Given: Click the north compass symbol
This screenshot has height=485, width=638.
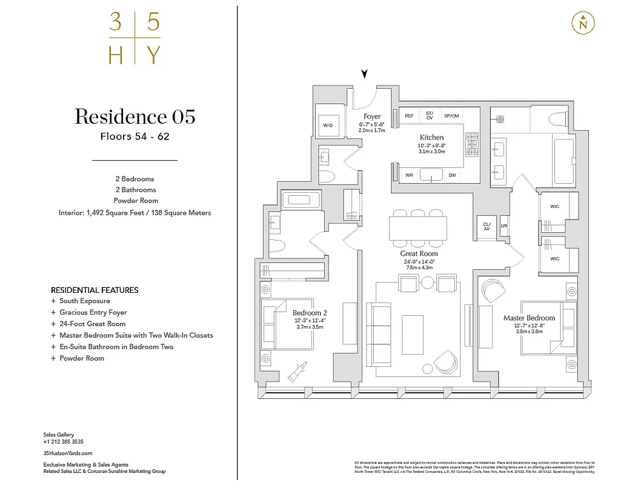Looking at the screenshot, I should click(x=583, y=23).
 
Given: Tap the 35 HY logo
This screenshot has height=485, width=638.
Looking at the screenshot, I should click(x=135, y=39).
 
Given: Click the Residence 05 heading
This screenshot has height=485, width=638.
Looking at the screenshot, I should click(x=135, y=116).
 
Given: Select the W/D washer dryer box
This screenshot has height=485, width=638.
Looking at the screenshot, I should click(x=328, y=125).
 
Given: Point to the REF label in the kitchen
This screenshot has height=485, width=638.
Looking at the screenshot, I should click(x=409, y=116).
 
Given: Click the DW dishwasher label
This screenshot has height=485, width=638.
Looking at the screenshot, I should click(x=452, y=176).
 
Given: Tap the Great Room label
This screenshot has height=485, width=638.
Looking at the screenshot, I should click(x=419, y=253).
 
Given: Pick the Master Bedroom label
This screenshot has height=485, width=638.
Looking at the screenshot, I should click(x=528, y=318).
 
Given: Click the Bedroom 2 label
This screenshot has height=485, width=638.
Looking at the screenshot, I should click(x=310, y=313).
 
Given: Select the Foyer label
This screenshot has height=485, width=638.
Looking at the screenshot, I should click(x=372, y=116).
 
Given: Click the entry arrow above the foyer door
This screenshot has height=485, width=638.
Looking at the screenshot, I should click(x=364, y=74).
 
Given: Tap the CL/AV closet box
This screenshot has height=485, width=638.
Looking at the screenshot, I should click(x=486, y=226).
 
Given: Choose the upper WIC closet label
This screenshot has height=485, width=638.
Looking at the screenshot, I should click(x=554, y=207).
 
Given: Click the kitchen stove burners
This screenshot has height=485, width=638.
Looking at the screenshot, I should click(x=471, y=144).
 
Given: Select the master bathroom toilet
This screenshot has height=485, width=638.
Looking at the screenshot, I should click(x=554, y=118).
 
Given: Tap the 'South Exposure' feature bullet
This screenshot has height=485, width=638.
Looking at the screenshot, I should click(x=84, y=301).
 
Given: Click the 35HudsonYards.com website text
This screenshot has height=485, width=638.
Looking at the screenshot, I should click(x=68, y=453).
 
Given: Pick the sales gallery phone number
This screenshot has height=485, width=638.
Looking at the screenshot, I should click(x=63, y=442).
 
